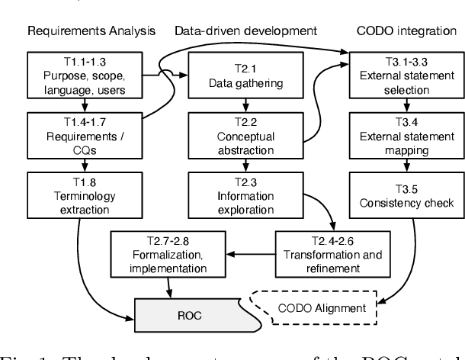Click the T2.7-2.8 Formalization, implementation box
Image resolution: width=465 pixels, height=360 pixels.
click(x=169, y=253)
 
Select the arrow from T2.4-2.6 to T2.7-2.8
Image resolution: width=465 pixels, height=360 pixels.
click(x=252, y=253)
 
